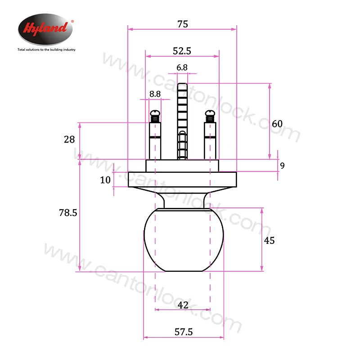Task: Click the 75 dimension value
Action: pos(183,24)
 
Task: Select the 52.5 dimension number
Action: pos(182,51)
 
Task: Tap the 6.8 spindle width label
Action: pos(182,67)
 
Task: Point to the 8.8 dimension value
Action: pos(155,94)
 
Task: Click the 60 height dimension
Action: pos(277,124)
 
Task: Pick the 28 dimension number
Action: pos(69,139)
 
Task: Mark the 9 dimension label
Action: pos(283,166)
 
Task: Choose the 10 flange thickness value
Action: pos(105,180)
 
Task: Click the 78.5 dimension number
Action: pos(68,213)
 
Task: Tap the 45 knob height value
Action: pos(269,241)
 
